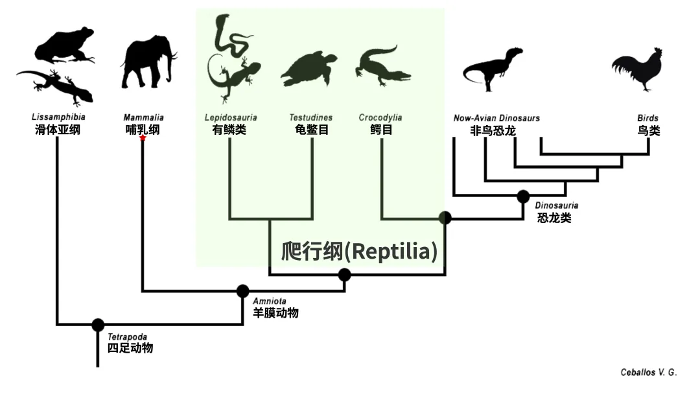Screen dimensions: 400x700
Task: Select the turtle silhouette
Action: tap(310, 69)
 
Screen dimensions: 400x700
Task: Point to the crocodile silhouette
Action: tap(382, 65)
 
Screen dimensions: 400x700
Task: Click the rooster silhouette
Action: tap(638, 69)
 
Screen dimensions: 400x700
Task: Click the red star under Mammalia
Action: tap(143, 138)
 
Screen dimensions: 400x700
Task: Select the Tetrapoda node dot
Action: tap(98, 325)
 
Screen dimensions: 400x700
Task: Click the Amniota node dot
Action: tap(243, 291)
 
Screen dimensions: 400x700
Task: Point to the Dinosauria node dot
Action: tap(523, 195)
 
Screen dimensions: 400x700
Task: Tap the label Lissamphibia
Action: tap(58, 117)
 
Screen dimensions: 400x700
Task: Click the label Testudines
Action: tap(311, 117)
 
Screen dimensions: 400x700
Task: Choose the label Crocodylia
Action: tap(380, 117)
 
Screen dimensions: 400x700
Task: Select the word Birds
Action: tap(647, 118)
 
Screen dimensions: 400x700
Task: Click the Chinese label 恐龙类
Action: tap(554, 218)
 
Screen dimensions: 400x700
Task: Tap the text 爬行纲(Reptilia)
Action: tap(359, 252)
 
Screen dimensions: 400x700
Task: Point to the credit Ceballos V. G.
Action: tap(648, 372)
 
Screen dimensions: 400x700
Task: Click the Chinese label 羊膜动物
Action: tap(275, 313)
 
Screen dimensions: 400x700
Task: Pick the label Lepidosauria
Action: tap(230, 117)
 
